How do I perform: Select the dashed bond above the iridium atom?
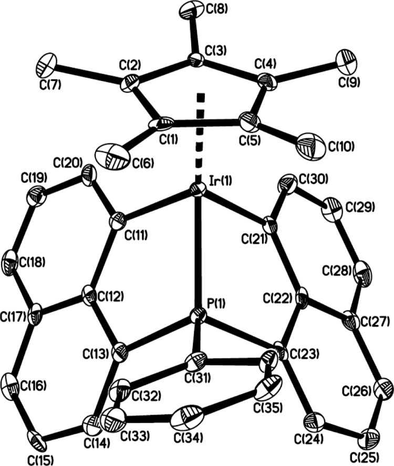[199, 138]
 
